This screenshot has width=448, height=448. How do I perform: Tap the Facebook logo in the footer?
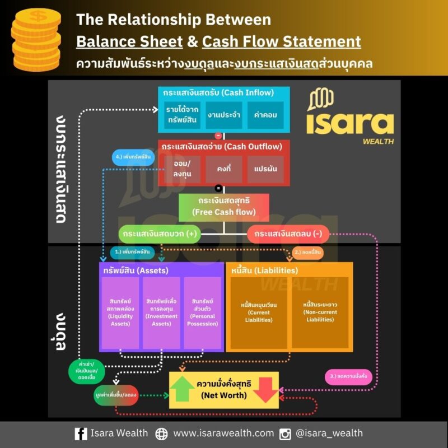pos(81,433)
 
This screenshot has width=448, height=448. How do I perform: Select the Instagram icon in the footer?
pos(285,433)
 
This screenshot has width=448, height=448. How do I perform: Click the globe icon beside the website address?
pos(161,433)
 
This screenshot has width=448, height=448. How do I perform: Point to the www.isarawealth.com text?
pos(223,433)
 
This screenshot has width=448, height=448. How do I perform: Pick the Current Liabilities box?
pos(259,312)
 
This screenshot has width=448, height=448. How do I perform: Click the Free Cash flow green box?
pos(223,207)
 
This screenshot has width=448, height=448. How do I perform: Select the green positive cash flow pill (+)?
pos(160,234)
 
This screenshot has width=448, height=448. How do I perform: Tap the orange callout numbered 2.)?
pos(306,253)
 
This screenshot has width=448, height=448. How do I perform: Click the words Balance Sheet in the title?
pos(129,41)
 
